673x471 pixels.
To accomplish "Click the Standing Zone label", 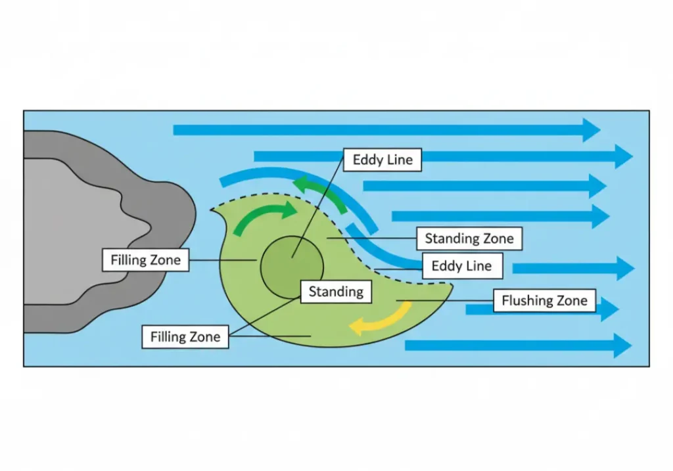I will tap(469, 238).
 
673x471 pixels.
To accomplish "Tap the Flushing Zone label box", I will tap(545, 301).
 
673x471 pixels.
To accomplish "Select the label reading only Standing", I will tap(336, 291).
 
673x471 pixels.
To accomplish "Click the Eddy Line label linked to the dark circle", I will tap(383, 160).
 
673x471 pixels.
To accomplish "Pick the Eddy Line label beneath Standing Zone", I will tap(461, 266).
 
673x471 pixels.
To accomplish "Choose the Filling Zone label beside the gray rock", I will tap(145, 260).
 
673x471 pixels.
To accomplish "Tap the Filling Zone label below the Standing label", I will tap(185, 338).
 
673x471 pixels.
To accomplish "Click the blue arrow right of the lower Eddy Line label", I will tap(572, 268).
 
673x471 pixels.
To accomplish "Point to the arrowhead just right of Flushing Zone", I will tap(609, 309).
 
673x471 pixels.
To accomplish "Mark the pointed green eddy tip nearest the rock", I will tap(214, 210).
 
